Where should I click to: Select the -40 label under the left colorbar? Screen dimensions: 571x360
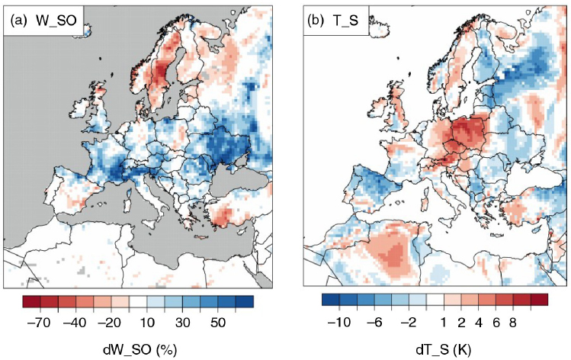75,323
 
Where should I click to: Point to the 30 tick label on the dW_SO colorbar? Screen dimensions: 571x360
182,323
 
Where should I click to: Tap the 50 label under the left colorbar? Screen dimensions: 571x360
217,323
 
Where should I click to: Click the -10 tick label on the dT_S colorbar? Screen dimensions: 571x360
339,323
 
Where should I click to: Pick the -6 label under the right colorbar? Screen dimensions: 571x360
374,323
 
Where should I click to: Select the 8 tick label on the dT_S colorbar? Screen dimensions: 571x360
513,323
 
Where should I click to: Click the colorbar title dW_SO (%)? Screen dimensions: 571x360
140,350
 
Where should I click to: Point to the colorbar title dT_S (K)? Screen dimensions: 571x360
443,350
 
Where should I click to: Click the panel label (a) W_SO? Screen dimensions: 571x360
43,21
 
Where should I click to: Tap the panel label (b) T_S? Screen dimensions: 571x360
333,21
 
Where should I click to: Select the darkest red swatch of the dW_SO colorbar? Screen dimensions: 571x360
31,302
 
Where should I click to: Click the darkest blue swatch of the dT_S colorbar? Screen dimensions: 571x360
331,300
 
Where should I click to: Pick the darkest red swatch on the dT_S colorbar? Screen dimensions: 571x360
539,300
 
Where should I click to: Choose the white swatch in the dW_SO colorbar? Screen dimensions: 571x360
138,302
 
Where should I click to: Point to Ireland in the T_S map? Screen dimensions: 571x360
374,107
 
